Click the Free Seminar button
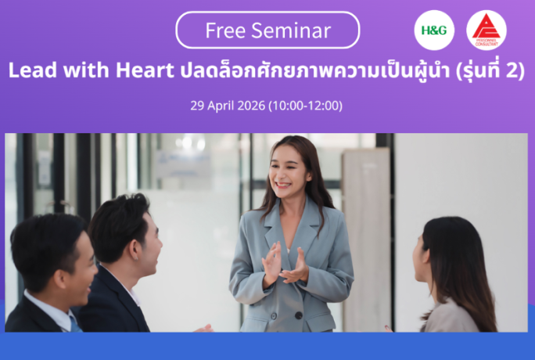[267, 31]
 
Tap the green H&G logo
[434, 31]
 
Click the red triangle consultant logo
[486, 31]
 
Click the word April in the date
[221, 106]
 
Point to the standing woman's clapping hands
[286, 266]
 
